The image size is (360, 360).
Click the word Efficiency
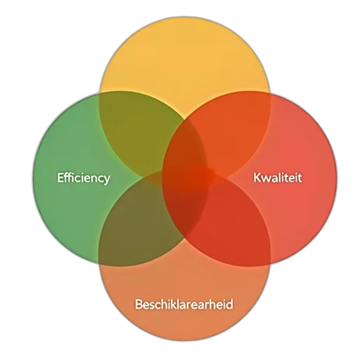[84, 178]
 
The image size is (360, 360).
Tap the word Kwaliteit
[278, 177]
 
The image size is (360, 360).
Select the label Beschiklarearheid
[184, 304]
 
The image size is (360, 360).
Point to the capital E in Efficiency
[60, 177]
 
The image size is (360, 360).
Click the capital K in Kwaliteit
[257, 177]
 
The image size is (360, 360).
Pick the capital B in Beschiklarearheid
[139, 304]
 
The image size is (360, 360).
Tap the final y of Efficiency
[107, 180]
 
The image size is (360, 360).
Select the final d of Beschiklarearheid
[230, 304]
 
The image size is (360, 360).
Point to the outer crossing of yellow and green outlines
[99, 94]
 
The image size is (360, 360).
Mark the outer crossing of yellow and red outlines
[271, 94]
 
